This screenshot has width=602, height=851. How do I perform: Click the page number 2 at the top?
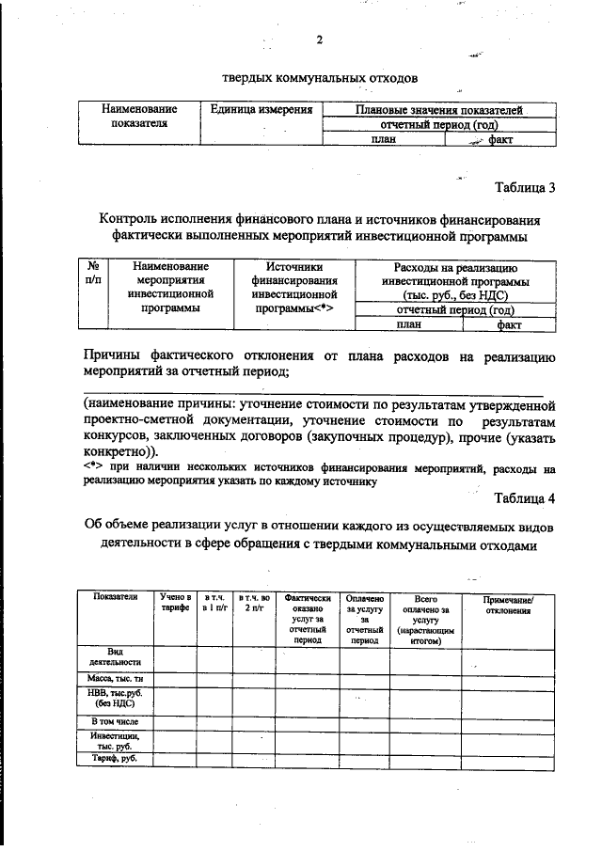[319, 39]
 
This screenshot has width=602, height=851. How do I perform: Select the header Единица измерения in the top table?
[261, 111]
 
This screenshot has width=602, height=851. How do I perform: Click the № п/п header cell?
[93, 274]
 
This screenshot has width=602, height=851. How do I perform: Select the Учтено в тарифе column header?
[175, 603]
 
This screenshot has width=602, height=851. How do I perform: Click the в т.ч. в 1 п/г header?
[215, 603]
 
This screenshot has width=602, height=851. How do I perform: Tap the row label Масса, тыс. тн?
[114, 677]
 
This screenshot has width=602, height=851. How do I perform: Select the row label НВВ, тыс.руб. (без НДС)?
[114, 698]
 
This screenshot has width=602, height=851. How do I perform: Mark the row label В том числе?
[114, 720]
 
